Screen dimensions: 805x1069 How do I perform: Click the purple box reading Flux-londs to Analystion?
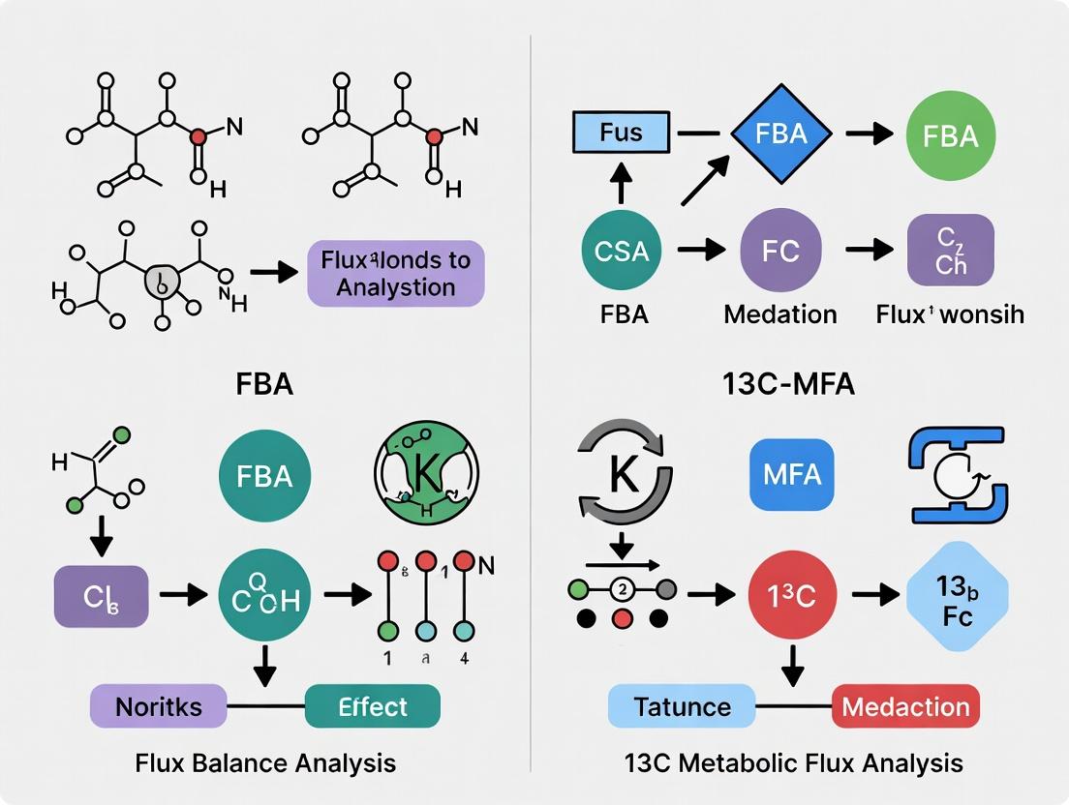click(x=395, y=274)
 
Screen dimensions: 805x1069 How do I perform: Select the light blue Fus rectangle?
click(x=621, y=132)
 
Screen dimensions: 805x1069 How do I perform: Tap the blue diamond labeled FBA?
click(x=781, y=133)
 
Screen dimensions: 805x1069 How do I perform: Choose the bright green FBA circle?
click(x=951, y=135)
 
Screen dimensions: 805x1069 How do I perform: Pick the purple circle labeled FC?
click(x=780, y=251)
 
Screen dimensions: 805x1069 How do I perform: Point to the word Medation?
click(x=780, y=313)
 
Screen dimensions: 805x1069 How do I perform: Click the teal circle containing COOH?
click(x=265, y=593)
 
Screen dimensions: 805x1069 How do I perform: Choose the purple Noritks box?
click(x=159, y=706)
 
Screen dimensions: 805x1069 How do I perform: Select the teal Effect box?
click(x=373, y=706)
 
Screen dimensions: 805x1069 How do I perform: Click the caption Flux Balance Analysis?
click(x=265, y=762)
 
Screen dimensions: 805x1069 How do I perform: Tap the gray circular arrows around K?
click(x=624, y=474)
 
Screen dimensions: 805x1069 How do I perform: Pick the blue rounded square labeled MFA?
click(x=792, y=474)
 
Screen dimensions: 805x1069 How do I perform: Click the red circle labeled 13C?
click(x=793, y=595)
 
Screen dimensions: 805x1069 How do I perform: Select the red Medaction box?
click(x=905, y=706)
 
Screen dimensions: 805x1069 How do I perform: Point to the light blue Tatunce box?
click(x=681, y=706)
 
